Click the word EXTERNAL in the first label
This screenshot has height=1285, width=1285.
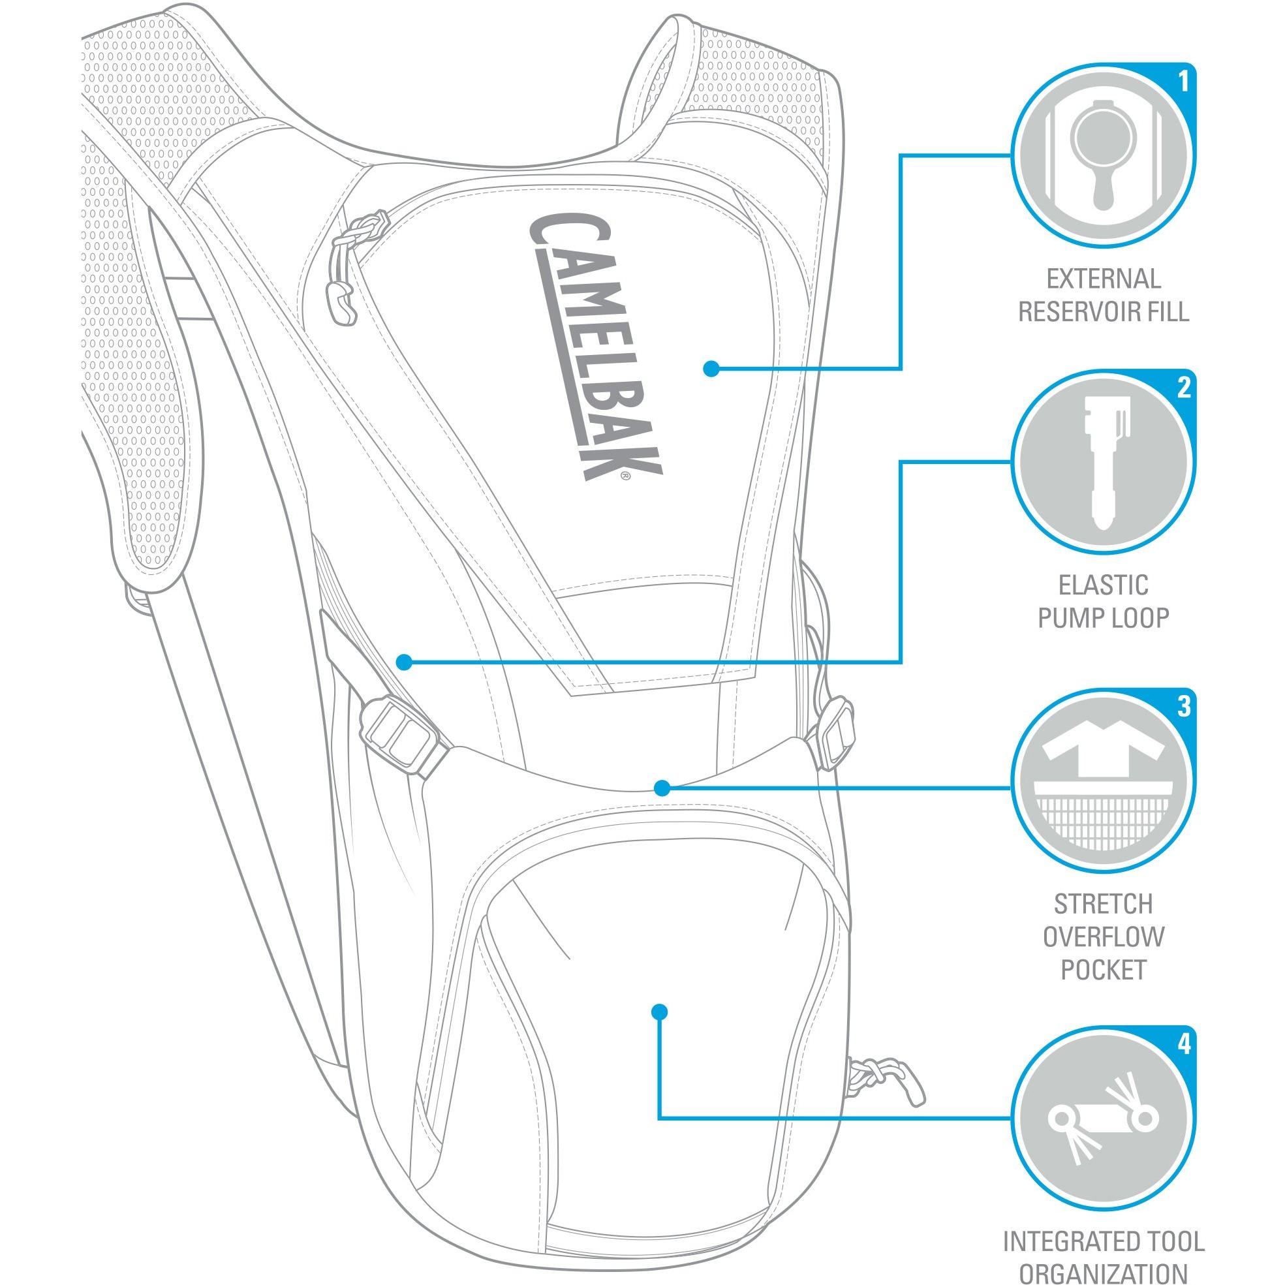pyautogui.click(x=1104, y=279)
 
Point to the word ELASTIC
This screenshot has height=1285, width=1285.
pyautogui.click(x=1104, y=585)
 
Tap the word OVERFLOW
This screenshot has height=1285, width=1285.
pyautogui.click(x=1104, y=937)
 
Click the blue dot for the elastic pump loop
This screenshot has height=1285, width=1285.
pyautogui.click(x=404, y=662)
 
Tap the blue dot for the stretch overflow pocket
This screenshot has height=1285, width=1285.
pyautogui.click(x=660, y=788)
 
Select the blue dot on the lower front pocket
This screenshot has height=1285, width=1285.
pyautogui.click(x=659, y=1030)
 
